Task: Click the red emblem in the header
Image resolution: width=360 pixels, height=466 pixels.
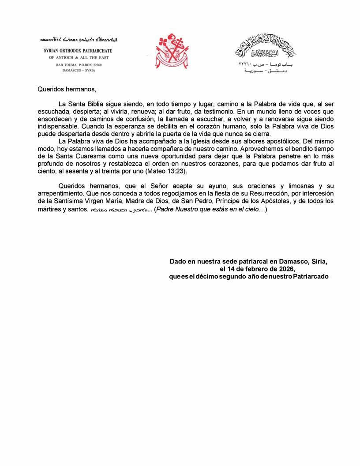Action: pos(172,51)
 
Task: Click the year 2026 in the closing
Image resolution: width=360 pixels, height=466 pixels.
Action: pos(284,269)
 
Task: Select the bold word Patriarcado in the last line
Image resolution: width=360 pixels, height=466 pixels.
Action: pos(311,276)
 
